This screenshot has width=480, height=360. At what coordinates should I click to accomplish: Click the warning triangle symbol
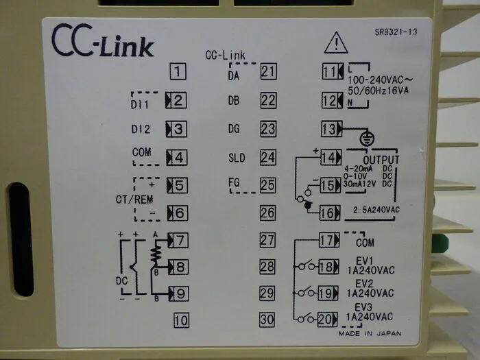tap(336, 43)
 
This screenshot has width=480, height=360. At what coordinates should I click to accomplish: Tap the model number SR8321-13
tap(396, 32)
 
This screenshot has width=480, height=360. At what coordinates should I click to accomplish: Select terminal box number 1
tap(178, 71)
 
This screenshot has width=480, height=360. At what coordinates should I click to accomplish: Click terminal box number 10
tap(181, 320)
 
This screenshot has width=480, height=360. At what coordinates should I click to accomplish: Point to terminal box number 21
tap(269, 71)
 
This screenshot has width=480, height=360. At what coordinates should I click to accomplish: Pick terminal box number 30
tap(267, 320)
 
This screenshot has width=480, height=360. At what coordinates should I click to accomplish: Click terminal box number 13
tap(331, 129)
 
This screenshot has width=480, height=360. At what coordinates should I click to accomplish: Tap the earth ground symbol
tap(367, 139)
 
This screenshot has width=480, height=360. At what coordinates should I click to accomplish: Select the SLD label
tap(237, 158)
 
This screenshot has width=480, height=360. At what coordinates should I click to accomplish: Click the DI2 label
tap(141, 129)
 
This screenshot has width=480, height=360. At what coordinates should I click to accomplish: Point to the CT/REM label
tap(134, 200)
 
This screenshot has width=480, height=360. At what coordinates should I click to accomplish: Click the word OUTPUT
tap(381, 160)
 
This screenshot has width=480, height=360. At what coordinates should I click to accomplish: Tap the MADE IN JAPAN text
tap(370, 333)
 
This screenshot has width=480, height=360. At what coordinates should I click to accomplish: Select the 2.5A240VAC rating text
tap(376, 210)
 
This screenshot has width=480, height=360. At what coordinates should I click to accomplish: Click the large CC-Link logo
tap(103, 40)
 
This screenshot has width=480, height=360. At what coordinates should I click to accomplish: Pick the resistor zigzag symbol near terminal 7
tap(156, 254)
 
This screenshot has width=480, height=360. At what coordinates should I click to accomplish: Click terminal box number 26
tap(267, 213)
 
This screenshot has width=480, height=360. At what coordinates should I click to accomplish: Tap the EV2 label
tap(364, 283)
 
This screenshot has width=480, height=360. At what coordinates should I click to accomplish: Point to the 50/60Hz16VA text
tap(378, 91)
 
